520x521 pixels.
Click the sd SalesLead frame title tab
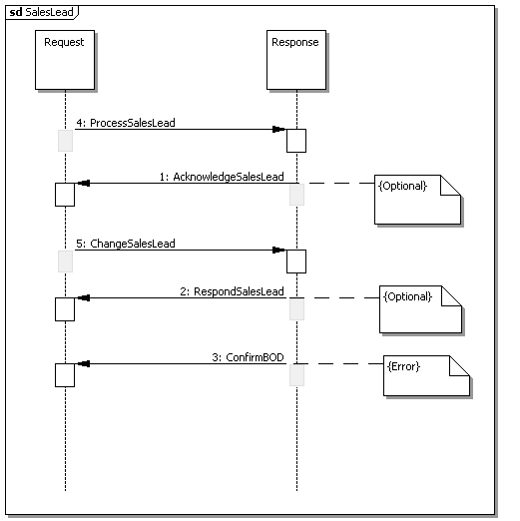point(42,12)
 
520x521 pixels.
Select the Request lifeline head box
point(65,60)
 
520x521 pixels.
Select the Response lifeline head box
point(296,60)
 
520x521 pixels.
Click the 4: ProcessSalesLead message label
point(126,123)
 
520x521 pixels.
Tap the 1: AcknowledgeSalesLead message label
point(222,177)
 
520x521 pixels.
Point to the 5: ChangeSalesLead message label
point(126,244)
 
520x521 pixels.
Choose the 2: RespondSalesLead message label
point(232,291)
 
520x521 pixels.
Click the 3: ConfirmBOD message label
point(248,357)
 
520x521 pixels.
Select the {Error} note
point(426,376)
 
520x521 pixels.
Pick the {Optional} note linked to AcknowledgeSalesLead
point(417,200)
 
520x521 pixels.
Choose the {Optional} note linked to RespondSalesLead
point(420,309)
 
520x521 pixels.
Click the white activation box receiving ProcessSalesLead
point(296,141)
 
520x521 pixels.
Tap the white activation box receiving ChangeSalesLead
point(296,261)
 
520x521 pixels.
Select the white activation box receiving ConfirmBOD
point(65,375)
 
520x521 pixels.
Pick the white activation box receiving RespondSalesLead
point(65,309)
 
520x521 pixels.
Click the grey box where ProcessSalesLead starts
point(65,141)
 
